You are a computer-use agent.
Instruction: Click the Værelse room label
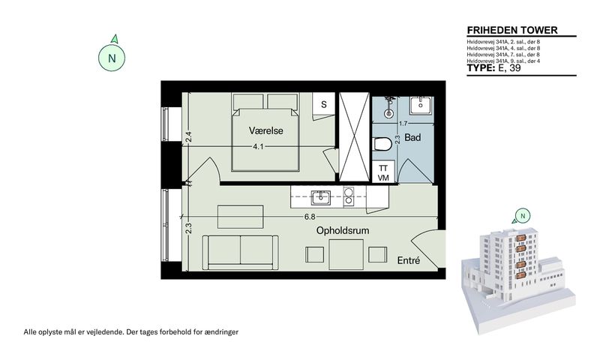266,130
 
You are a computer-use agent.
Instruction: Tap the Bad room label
412,137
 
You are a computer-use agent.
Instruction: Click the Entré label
408,260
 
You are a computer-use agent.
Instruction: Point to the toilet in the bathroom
382,144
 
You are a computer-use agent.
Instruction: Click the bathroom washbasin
421,105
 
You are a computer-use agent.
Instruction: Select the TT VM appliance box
383,172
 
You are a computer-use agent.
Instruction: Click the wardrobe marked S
324,106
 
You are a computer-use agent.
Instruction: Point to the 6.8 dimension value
310,217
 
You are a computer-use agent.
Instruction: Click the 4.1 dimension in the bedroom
258,146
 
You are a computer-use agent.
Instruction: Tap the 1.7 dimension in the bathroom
403,124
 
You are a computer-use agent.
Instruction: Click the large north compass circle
112,58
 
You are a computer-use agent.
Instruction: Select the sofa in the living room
240,253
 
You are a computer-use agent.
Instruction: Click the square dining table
346,254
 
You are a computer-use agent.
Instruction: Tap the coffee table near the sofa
240,217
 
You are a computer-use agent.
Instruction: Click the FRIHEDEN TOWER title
512,30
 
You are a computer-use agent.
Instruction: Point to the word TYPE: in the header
481,68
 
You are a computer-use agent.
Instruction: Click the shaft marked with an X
354,137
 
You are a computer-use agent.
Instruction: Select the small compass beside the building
523,216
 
